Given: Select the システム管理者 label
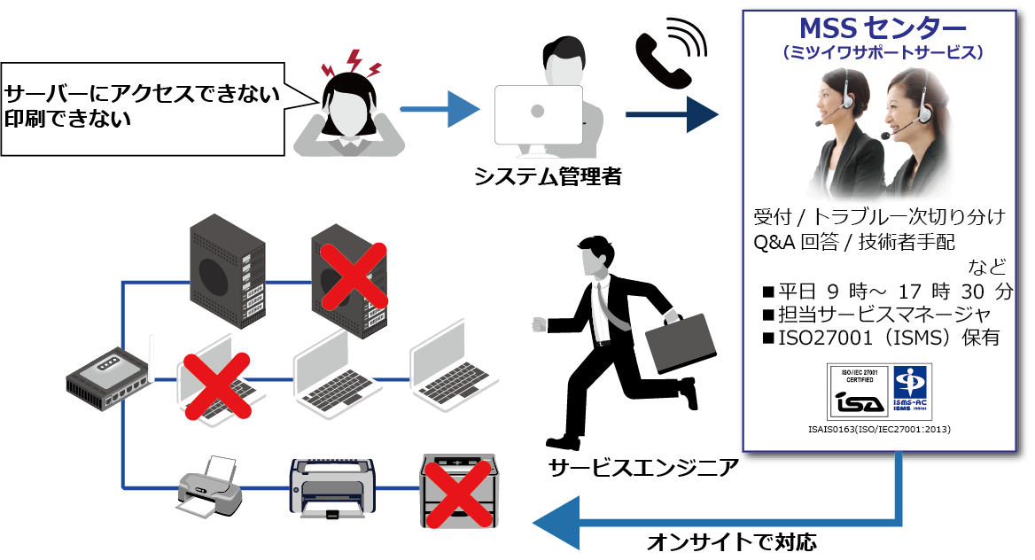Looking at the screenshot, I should tap(547, 176).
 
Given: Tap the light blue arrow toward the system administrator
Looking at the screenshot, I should tap(439, 110).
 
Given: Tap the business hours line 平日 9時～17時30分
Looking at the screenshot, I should tap(886, 292).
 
